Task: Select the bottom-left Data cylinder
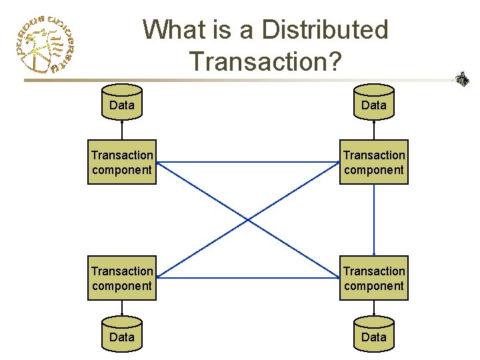tap(122, 335)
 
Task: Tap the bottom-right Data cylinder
tap(373, 335)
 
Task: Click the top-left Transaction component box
tap(122, 162)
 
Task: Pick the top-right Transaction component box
tap(374, 162)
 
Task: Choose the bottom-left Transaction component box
tap(122, 278)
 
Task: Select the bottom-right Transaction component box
tap(374, 278)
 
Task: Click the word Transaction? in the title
tap(265, 61)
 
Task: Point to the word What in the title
tap(175, 30)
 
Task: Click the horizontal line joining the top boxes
tap(248, 162)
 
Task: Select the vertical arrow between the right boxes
tap(374, 220)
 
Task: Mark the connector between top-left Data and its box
tap(122, 130)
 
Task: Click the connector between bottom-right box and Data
tap(374, 309)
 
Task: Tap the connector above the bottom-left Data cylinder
tap(122, 309)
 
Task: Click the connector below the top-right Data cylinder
tap(374, 130)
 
